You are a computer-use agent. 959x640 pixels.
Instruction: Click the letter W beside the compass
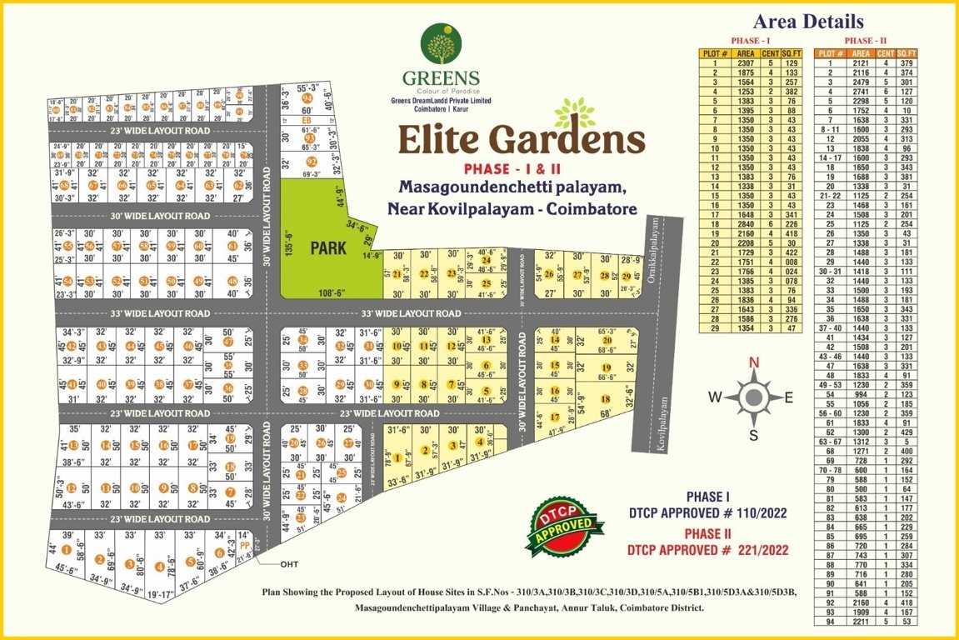[714, 397]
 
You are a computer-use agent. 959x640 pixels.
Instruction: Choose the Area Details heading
[807, 22]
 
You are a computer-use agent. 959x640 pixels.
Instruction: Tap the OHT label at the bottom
[289, 564]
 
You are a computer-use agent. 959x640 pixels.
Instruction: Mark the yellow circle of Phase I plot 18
[605, 399]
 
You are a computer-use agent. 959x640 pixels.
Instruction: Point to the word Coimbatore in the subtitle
[588, 207]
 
